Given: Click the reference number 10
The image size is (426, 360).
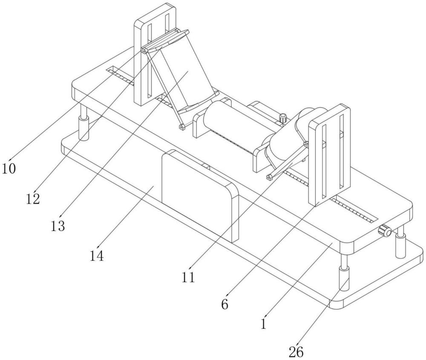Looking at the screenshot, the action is tap(9, 169).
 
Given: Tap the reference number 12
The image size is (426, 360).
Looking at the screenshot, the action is tap(33, 199).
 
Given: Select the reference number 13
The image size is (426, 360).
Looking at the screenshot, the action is tap(58, 225).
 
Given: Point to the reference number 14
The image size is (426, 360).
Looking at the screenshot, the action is tap(97, 255).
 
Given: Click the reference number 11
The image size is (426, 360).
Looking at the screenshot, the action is tap(189, 277).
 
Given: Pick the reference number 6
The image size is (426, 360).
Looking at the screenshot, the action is tap(225, 304).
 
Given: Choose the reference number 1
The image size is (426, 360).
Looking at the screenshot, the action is tap(263, 324).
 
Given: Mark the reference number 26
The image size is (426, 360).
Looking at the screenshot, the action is tap(296, 352).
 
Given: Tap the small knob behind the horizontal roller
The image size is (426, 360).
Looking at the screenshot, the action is tap(283, 118).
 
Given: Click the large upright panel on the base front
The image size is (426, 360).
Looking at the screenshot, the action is tap(200, 196).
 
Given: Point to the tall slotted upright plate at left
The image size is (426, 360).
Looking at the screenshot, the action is tap(155, 55).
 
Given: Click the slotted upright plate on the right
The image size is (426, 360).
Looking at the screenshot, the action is tap(330, 156).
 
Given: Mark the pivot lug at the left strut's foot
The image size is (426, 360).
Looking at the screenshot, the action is tap(182, 127).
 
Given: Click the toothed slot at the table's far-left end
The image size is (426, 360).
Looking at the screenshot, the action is tap(120, 75).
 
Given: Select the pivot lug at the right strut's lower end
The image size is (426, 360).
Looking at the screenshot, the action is tap(270, 177).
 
